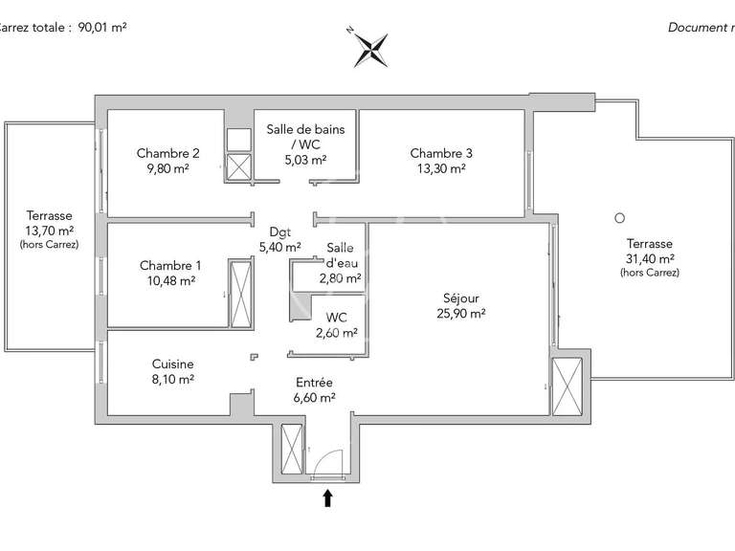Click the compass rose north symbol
pos(369,48)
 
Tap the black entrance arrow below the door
pos(327,496)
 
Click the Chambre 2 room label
pos(168,153)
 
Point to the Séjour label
pos(460,298)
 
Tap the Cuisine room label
pos(172,364)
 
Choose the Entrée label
pos(314,383)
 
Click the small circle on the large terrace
pos(620,217)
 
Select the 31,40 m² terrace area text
pos(650,258)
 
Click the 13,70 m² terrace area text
pos(49,231)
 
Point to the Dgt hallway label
pos(279,231)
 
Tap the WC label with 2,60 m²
pos(337,318)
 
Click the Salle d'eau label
pos(341,254)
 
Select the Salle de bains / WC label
pos(306,136)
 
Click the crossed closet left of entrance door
pos(290,450)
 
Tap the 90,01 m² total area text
pos(96,27)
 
